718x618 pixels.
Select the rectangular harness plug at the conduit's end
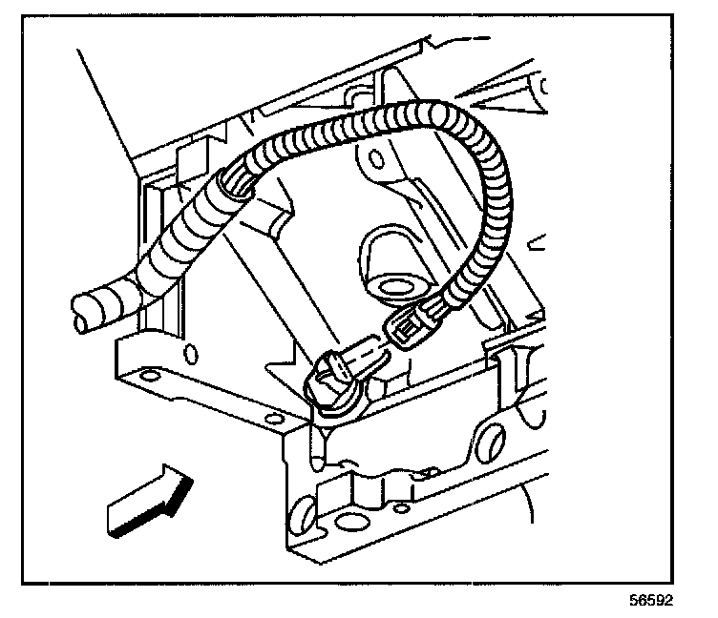click(x=412, y=326)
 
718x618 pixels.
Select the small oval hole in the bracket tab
click(x=191, y=356)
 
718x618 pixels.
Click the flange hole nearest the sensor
click(x=274, y=418)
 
